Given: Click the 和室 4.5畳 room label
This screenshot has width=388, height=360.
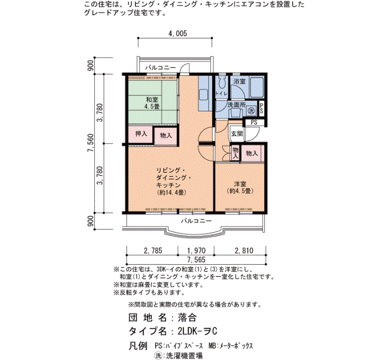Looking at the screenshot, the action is pos(152,103).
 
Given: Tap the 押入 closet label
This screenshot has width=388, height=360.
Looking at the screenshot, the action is pos(141,134).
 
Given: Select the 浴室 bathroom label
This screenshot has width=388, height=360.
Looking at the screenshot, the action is pos(239,81).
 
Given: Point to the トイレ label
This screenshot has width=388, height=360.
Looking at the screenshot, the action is pos(222,94).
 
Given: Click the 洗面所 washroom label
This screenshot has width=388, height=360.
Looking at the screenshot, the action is pos(237,105).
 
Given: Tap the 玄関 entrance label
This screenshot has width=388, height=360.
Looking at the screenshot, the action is pos(237,133).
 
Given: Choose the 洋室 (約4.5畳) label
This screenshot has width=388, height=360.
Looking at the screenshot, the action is pos(240,187).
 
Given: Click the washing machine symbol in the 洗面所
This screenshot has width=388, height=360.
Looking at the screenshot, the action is pos(252,111).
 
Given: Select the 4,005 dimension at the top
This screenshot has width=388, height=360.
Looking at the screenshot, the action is pos(178,33).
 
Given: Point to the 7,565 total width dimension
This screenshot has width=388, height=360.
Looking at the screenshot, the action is pos(196,260).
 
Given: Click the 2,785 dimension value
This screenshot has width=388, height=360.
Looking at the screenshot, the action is pos(153,250).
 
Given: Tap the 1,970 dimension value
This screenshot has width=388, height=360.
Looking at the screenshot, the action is pos(196,250).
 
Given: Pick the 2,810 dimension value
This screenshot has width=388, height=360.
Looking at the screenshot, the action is pos(244,250).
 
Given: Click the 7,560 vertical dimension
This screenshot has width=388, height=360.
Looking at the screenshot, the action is pos(91,143).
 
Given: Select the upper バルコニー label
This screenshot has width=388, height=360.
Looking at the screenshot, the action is pos(161,67).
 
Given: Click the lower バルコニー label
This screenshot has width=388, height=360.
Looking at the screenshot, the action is pos(196,220).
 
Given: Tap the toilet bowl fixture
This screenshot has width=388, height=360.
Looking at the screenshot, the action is pos(222,82).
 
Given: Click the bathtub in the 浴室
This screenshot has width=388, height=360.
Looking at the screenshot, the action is pos(256,88).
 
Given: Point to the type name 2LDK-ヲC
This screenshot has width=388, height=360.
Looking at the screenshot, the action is pos(197,331).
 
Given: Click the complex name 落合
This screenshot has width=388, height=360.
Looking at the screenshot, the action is pos(187,317).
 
